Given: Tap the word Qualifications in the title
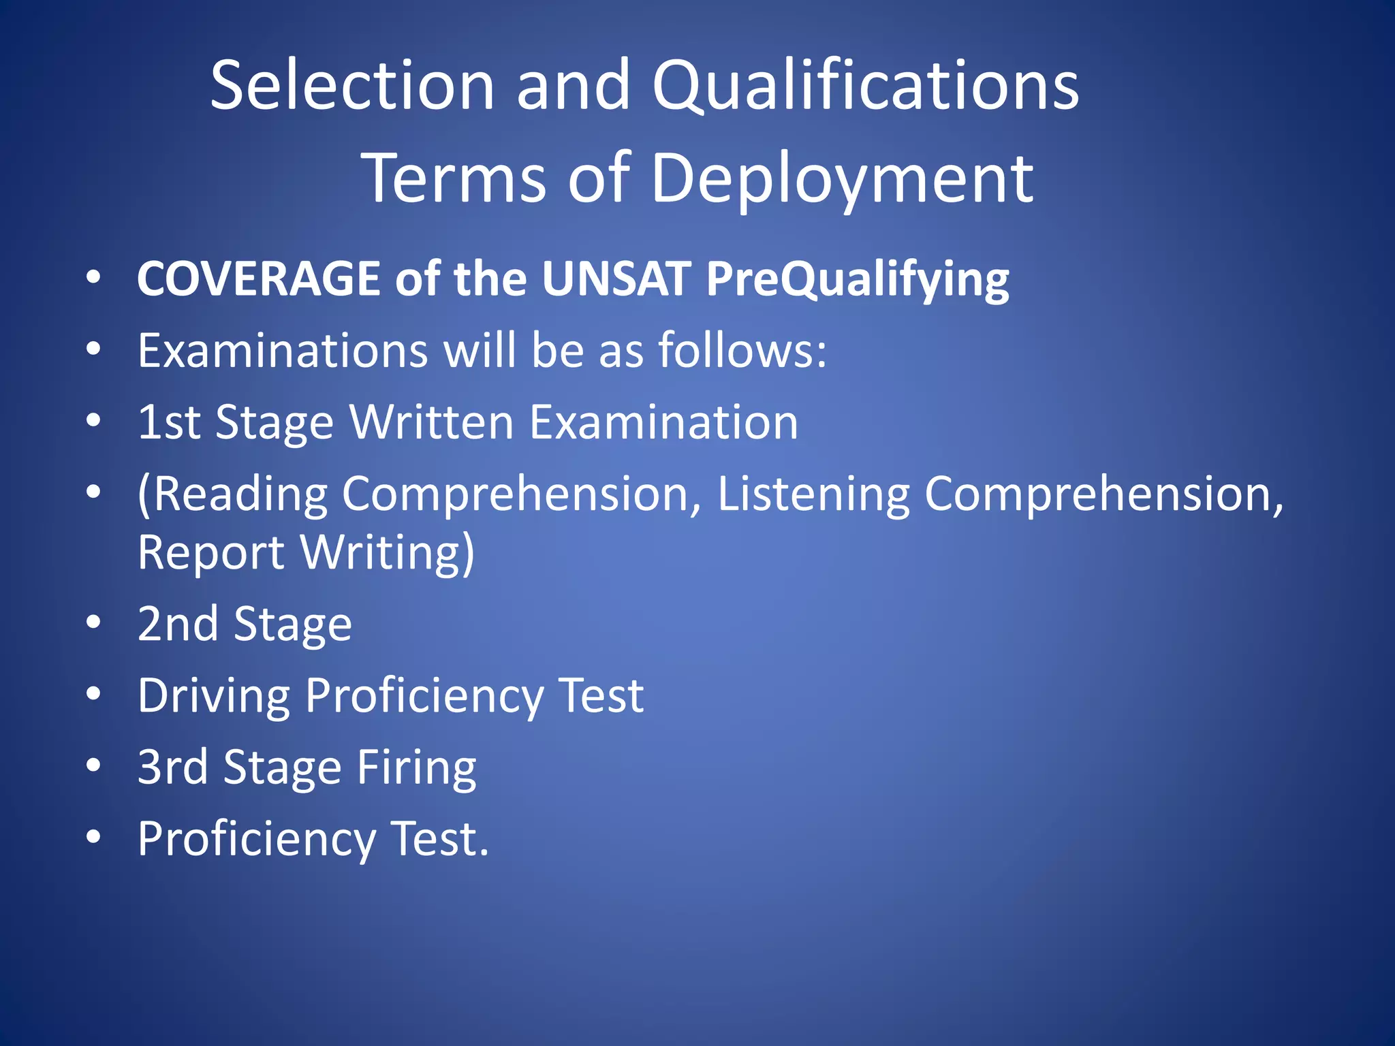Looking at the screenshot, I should coord(865,87).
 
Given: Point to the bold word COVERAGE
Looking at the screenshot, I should coord(258,279).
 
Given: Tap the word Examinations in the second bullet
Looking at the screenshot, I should coord(283,351).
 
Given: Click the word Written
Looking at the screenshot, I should coord(431,422).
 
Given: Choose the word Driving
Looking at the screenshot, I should coord(214,697).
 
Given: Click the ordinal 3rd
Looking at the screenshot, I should coord(172,767).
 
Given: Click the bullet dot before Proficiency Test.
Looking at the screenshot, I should coord(94,838).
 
